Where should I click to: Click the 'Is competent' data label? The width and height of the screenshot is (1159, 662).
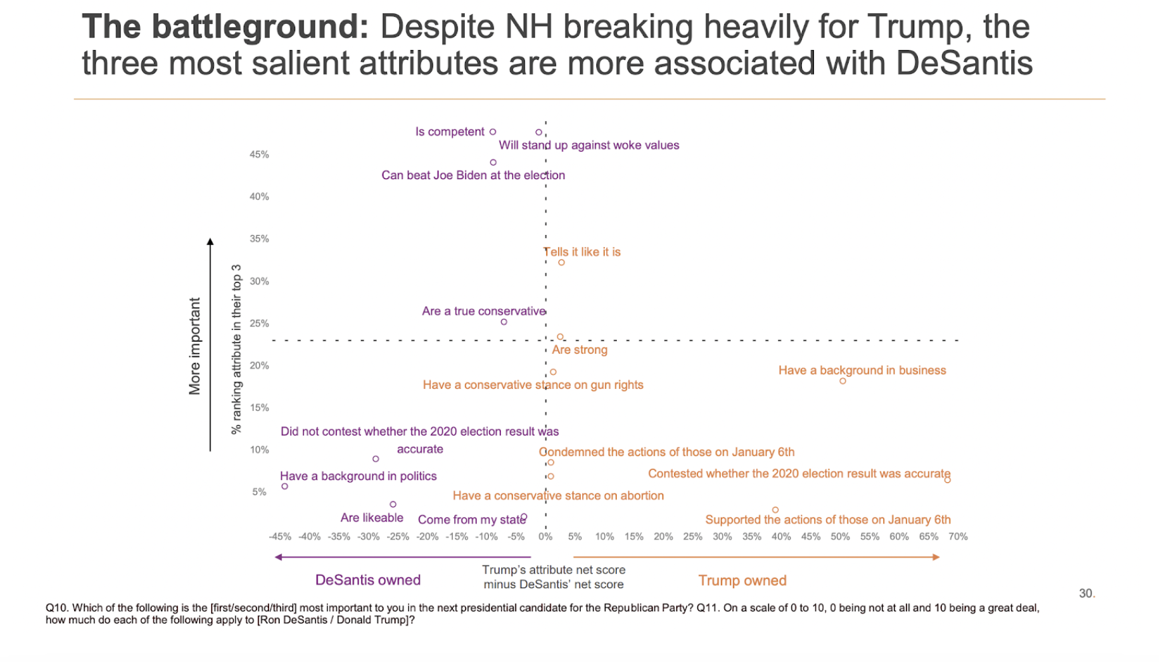450,132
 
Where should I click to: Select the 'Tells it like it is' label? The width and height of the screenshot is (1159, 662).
582,252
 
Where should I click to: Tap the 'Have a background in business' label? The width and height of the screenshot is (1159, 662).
862,370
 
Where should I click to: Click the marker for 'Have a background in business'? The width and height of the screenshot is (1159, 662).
843,381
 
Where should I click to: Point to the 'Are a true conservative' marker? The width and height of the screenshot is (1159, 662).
504,322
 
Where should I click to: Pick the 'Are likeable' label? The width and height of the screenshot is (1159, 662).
372,517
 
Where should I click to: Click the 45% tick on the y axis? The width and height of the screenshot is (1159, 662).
259,155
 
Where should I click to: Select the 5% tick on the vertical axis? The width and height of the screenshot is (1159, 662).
259,492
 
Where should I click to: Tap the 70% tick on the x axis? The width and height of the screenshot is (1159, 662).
958,537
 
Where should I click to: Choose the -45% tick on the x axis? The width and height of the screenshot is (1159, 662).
280,537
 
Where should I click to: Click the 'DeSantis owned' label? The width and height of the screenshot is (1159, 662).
368,580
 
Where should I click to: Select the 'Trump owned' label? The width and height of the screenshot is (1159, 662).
742,581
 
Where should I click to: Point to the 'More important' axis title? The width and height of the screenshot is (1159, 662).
194,346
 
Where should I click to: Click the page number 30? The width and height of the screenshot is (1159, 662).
1086,593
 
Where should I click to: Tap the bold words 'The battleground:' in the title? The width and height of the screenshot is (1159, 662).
224,28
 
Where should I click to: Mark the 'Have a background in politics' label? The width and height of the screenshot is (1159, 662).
358,476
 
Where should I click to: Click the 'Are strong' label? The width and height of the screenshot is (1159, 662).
579,350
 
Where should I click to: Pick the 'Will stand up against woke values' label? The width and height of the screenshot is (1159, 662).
589,145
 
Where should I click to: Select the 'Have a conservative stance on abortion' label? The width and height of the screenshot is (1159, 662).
558,496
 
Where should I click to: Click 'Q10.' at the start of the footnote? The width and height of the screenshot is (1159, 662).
57,608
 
